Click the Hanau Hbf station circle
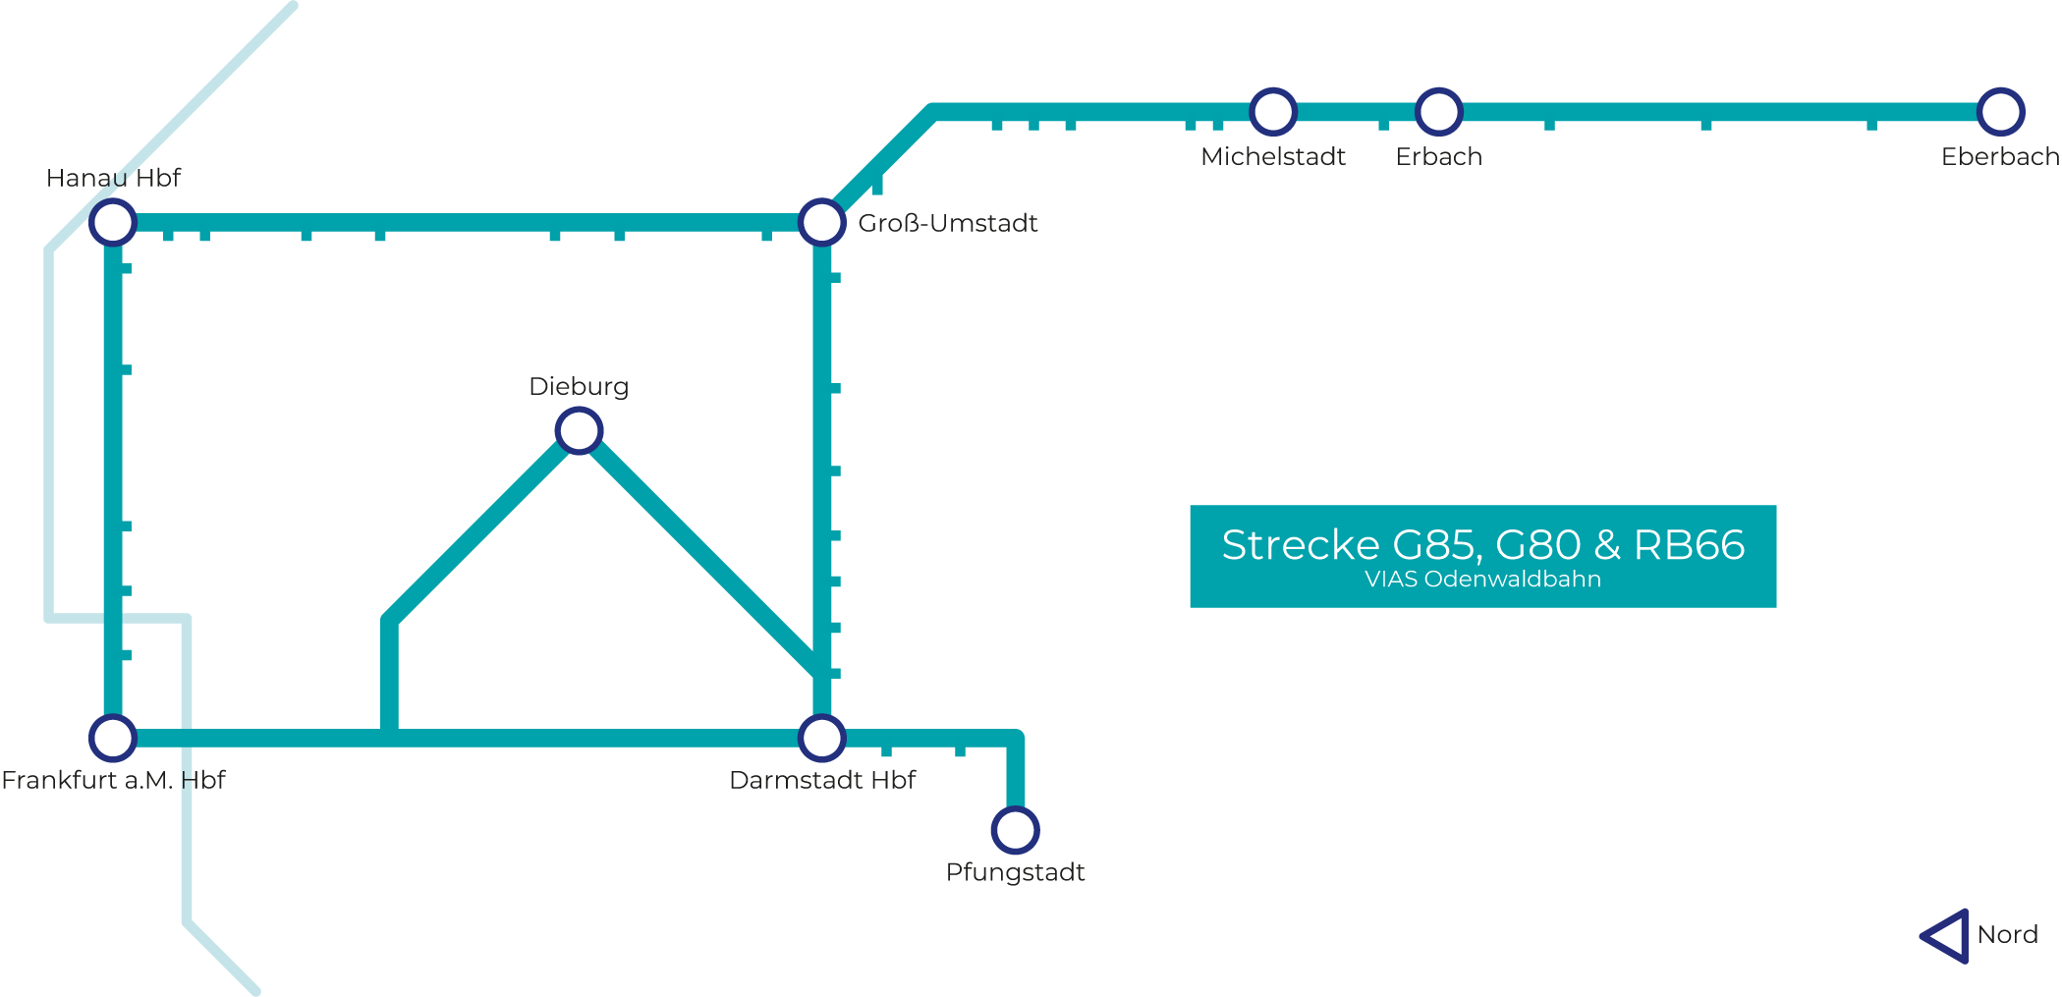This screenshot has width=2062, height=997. [113, 223]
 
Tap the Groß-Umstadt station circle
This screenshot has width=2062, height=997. [821, 223]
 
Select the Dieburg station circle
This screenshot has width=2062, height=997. [579, 430]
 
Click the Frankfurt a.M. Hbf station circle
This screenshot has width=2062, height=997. [113, 738]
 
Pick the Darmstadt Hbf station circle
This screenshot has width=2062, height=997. [821, 738]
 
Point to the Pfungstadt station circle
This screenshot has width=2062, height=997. [1015, 830]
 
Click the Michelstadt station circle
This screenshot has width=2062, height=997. [1273, 112]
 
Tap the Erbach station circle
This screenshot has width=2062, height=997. [1438, 112]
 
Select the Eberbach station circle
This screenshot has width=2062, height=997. [2000, 112]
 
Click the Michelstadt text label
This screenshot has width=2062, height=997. [1273, 157]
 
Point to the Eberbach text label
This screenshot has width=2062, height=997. [2000, 157]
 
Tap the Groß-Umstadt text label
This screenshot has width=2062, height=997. [948, 224]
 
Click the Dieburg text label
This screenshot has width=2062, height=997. [579, 387]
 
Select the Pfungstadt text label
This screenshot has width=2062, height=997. [1015, 873]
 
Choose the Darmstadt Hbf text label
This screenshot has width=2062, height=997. [822, 781]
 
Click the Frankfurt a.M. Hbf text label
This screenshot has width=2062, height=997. [113, 781]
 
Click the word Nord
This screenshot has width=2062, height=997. [2007, 935]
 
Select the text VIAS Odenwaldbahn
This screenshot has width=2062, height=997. [1482, 580]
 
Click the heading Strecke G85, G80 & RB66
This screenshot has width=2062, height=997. [1482, 545]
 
